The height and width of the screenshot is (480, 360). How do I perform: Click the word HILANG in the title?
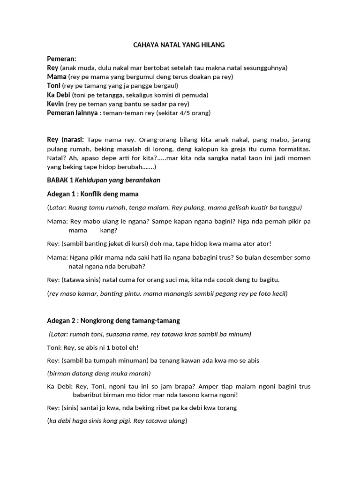pyautogui.click(x=214, y=45)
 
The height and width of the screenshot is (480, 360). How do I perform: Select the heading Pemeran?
pyautogui.click(x=61, y=59)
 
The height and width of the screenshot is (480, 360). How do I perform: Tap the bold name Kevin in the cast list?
pyautogui.click(x=55, y=104)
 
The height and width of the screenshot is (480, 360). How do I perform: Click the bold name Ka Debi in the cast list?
pyautogui.click(x=59, y=95)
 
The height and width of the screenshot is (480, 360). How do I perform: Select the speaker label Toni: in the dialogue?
pyautogui.click(x=55, y=347)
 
